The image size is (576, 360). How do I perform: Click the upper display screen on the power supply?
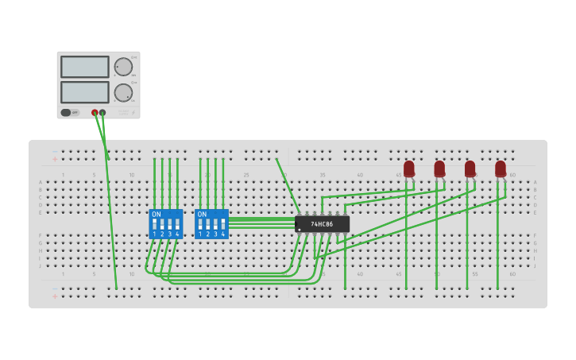coord(84,67)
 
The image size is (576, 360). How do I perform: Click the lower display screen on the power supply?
coord(84,91)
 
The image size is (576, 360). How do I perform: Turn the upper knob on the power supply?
coord(123,67)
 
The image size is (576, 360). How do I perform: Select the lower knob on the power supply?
coord(123,92)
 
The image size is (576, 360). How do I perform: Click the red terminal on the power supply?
coord(95,113)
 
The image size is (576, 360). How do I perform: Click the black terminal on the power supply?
coord(102,113)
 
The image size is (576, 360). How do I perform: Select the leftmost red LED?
coord(408,168)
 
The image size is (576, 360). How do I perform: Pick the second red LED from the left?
coord(439,168)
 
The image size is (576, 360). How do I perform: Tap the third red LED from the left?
coord(470,168)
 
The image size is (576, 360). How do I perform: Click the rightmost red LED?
coord(500,168)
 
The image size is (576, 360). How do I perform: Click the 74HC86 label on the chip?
coord(322,224)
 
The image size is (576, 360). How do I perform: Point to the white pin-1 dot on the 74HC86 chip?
coord(300,230)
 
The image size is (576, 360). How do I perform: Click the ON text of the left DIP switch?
coord(156,215)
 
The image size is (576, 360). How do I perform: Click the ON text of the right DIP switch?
coord(202,215)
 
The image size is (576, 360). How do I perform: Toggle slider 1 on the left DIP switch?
coord(154,224)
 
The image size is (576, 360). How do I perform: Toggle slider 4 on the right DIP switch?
coord(223,224)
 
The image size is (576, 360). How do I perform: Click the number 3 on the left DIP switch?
coord(169,234)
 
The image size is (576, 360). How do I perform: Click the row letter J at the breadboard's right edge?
coord(535,265)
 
